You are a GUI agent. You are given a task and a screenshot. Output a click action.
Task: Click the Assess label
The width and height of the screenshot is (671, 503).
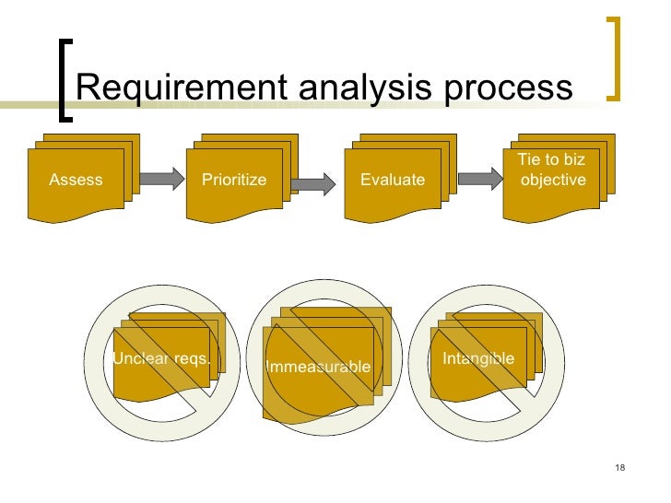tap(76, 180)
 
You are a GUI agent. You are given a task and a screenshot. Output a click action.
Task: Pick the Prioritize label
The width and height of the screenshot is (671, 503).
tap(234, 180)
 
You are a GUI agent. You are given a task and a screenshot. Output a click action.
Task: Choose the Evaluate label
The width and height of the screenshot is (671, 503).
tap(393, 180)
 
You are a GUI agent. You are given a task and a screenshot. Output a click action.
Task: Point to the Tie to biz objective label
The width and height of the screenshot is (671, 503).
tap(552, 170)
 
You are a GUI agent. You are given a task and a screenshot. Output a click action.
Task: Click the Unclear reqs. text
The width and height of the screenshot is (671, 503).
tap(161, 358)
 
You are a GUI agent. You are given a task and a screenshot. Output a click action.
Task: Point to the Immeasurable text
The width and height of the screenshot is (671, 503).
tap(318, 367)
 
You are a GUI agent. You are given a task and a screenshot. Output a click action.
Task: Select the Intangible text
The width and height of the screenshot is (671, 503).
tap(477, 358)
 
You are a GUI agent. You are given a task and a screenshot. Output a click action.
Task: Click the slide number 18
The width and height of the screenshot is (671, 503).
tap(618, 470)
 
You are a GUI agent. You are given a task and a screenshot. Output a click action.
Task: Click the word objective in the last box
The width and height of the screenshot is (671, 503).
tap(553, 180)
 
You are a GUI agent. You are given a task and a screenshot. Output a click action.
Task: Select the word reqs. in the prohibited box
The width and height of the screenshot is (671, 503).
tap(193, 358)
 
